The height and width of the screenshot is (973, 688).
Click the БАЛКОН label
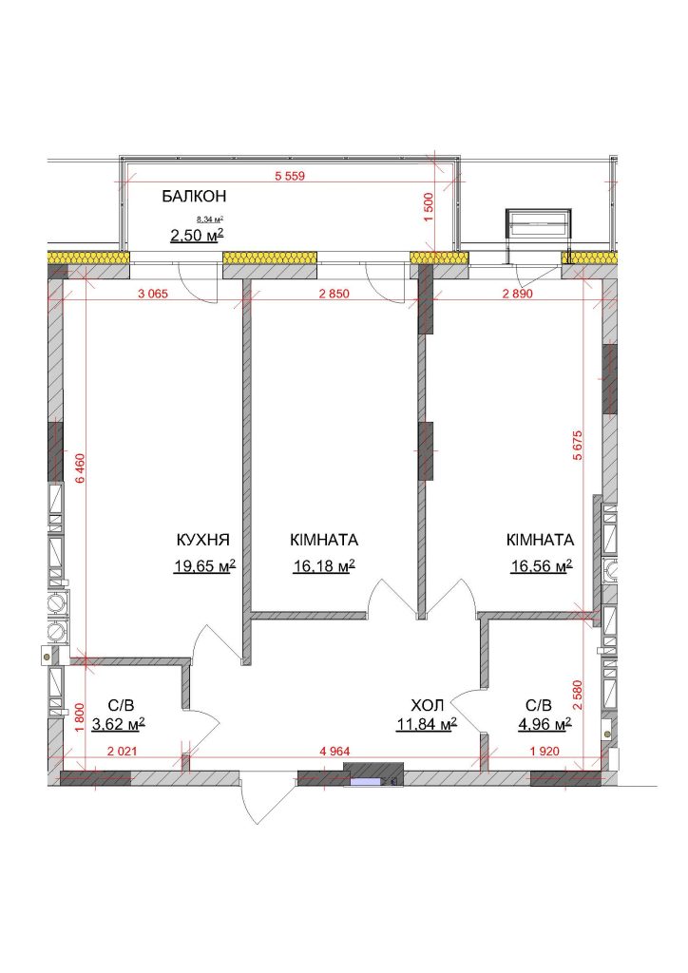[x=194, y=196]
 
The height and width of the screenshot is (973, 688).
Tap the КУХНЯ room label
[x=202, y=540]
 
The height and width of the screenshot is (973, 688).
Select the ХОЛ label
[x=427, y=705]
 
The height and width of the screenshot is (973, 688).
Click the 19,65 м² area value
[x=204, y=565]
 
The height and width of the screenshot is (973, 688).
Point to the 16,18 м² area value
[x=324, y=565]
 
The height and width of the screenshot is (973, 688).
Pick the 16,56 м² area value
[x=541, y=565]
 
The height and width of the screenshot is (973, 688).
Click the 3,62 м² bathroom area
[x=119, y=723]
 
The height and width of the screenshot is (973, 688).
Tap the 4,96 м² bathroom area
[x=545, y=723]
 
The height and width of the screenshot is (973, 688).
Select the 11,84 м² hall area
[x=427, y=723]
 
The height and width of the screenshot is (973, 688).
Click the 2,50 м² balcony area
[x=197, y=236]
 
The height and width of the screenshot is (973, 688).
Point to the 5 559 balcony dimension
[x=291, y=176]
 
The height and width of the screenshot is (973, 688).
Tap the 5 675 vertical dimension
[x=578, y=445]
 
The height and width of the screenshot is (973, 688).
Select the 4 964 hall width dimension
[x=335, y=751]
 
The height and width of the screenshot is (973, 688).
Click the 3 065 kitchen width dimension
[x=153, y=294]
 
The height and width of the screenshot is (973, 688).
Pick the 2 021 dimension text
[x=123, y=751]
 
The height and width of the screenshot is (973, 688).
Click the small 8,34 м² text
[x=210, y=219]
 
